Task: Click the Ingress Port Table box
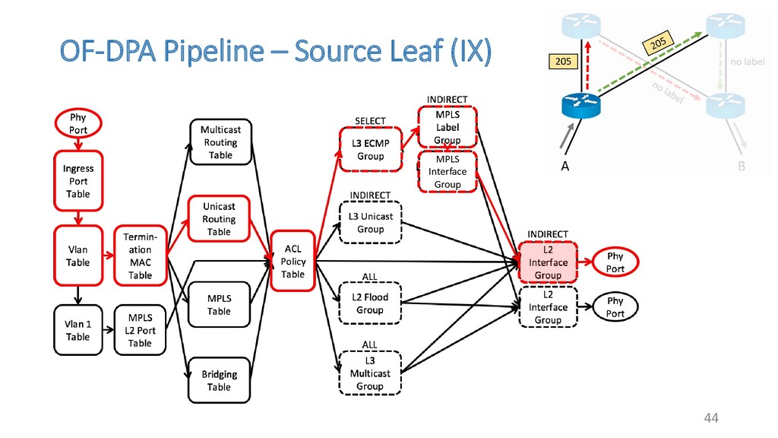tap(78, 181)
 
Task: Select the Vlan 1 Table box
tap(78, 330)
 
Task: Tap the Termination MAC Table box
tap(141, 255)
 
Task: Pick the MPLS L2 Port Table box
tap(140, 330)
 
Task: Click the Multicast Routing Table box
tap(221, 142)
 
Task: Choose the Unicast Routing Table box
tap(219, 219)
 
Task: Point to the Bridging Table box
tap(220, 380)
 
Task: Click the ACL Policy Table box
tap(293, 262)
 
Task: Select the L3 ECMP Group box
tap(371, 150)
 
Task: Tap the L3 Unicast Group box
tap(370, 223)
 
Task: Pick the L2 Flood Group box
tap(370, 303)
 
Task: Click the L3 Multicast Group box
tap(370, 373)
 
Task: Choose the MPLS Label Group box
tap(448, 127)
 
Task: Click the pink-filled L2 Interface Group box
tap(548, 262)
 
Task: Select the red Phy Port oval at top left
tap(78, 124)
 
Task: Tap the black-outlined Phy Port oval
tap(615, 307)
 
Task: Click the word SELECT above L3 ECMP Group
tap(370, 121)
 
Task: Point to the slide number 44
tap(711, 418)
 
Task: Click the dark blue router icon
tap(581, 105)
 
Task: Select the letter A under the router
tap(565, 167)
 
